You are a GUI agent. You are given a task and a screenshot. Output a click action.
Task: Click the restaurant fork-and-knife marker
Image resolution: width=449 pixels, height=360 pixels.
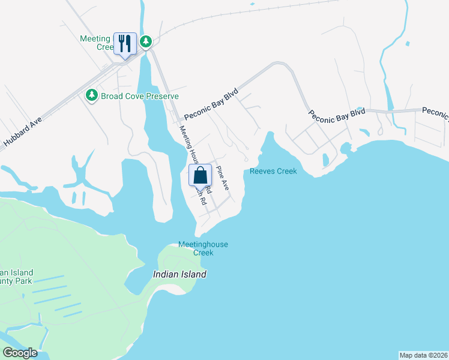[x=125, y=43]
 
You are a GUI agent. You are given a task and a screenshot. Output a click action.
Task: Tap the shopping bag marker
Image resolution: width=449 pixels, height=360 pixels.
[x=200, y=175]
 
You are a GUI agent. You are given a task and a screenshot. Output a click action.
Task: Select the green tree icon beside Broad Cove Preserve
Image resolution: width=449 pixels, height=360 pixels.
[x=91, y=95]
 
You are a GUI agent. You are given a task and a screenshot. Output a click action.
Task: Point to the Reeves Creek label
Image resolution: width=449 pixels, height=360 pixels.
[x=273, y=172]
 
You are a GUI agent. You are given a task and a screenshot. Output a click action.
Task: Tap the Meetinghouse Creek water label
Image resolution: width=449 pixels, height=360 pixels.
[x=203, y=248]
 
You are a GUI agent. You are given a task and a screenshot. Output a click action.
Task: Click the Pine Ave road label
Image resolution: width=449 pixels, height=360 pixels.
[x=223, y=178]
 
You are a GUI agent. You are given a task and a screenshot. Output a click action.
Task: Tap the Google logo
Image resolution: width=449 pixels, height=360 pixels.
[x=19, y=353]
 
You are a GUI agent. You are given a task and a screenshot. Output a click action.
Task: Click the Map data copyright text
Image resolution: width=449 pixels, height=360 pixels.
[x=423, y=355]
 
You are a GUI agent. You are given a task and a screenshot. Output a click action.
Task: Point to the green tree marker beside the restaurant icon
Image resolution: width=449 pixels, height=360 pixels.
[x=145, y=41]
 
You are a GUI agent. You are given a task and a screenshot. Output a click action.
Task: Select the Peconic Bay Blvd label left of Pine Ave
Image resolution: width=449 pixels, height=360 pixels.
[x=211, y=104]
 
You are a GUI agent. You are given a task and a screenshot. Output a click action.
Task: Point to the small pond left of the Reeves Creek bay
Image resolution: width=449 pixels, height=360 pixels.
[x=325, y=160]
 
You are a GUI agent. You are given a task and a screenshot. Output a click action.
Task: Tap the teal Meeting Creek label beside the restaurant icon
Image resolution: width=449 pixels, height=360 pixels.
[x=96, y=43]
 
